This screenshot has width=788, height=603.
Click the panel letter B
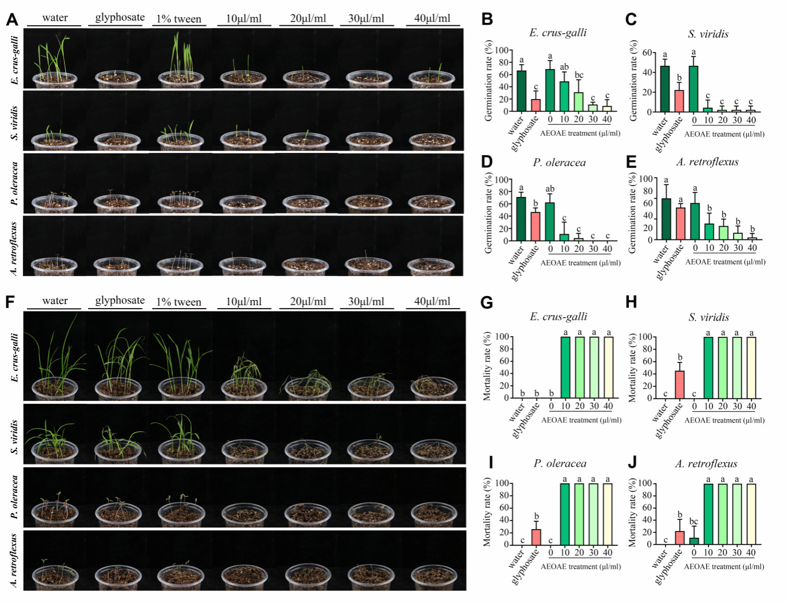(487, 19)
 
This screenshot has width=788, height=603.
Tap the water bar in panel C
(664, 89)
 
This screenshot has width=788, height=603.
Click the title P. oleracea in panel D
(559, 163)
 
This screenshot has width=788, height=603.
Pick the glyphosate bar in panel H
(679, 384)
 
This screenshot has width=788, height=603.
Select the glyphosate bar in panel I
(536, 537)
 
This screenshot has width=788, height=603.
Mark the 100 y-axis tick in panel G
(502, 337)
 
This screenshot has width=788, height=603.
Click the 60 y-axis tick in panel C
(647, 53)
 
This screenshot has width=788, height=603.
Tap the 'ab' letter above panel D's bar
(550, 189)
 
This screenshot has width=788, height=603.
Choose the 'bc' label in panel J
(694, 522)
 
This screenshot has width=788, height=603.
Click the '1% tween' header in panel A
(179, 19)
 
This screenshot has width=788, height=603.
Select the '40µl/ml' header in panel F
(432, 301)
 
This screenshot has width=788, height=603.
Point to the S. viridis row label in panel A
(14, 123)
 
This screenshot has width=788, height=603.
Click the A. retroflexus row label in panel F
(14, 560)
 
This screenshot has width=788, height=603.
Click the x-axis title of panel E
(725, 262)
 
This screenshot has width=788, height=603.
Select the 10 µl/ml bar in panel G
(565, 367)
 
